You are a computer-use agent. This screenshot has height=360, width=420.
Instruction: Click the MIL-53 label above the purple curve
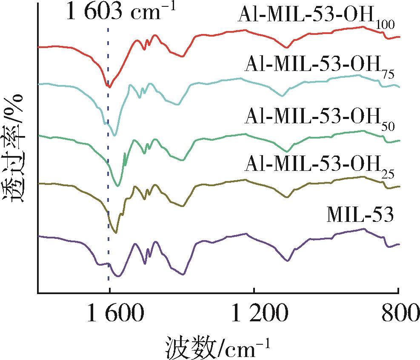(x=360, y=215)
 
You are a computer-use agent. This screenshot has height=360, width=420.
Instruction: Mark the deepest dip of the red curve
(x=110, y=87)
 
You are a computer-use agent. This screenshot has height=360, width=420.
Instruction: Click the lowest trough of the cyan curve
(x=114, y=136)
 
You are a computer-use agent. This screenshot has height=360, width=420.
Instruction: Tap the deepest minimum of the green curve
(x=118, y=186)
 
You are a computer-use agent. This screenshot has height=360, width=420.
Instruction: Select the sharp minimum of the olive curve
(x=116, y=232)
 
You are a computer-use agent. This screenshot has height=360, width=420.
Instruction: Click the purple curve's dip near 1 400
(x=183, y=274)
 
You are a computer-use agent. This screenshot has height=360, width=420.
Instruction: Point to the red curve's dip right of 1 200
(x=288, y=48)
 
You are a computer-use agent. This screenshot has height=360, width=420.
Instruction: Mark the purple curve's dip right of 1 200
(x=288, y=261)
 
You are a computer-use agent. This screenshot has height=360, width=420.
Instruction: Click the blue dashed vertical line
(x=108, y=170)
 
